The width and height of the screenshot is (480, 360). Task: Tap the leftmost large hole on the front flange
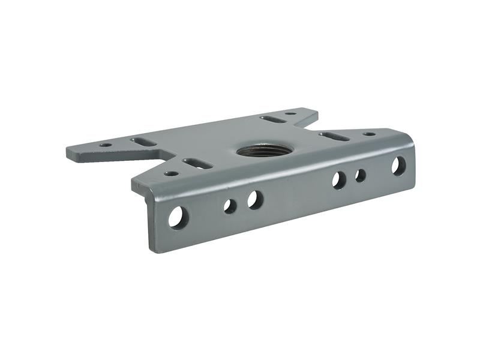[x=177, y=217]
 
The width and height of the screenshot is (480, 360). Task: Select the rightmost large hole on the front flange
[x=399, y=165]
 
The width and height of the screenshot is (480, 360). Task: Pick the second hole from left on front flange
[x=230, y=206]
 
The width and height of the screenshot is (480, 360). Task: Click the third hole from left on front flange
[x=254, y=200]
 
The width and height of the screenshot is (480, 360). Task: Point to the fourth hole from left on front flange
[x=339, y=180]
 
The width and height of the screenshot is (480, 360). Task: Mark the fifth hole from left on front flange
[x=361, y=175]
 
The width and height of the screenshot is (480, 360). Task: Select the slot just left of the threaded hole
[x=194, y=163]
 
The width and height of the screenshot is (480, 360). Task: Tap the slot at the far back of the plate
[x=271, y=119]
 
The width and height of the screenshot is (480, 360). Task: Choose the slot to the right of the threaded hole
[x=334, y=137]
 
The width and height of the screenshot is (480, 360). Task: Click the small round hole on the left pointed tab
[x=106, y=145]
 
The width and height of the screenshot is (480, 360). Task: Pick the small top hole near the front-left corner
[x=172, y=173]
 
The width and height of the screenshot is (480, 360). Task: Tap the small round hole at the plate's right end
[x=370, y=134]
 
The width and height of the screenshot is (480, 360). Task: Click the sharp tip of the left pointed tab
[x=67, y=152]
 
